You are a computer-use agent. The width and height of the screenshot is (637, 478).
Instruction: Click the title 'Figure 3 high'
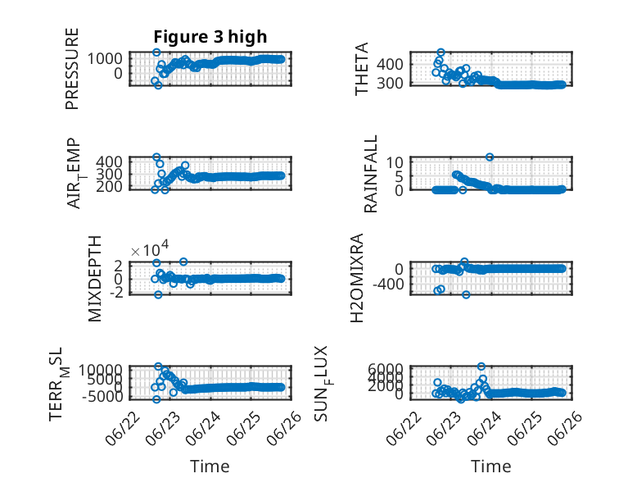coord(210,37)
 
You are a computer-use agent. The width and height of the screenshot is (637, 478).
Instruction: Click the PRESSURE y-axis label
coord(71,69)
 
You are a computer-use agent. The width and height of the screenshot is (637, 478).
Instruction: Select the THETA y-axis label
coord(361,69)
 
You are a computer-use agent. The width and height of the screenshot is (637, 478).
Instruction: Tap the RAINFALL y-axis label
coord(371,174)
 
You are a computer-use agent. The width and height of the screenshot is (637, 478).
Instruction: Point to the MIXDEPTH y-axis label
coord(94,279)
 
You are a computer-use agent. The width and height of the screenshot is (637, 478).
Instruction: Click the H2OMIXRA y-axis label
coord(356,278)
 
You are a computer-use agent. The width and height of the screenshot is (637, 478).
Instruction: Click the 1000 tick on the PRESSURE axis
coord(105,58)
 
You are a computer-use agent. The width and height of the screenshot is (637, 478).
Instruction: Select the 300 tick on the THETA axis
coord(390,83)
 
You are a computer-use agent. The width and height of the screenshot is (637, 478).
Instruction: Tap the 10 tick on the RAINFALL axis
coord(395,162)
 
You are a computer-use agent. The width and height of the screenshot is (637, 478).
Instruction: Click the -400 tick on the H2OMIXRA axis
coord(388,284)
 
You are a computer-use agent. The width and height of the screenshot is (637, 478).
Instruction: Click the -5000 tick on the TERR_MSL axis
coord(102,396)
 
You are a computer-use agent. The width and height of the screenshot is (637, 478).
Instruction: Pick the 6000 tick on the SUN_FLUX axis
coord(386,370)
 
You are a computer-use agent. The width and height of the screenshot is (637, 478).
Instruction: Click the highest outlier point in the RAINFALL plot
coord(490,157)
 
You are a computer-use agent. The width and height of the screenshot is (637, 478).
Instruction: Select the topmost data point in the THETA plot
coord(440,52)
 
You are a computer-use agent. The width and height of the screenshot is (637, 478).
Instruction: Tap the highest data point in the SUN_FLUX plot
coord(481,366)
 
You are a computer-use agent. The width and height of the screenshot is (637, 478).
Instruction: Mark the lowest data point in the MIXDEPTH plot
coord(158,294)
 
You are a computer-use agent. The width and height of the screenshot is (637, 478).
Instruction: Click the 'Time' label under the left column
coord(210,466)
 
